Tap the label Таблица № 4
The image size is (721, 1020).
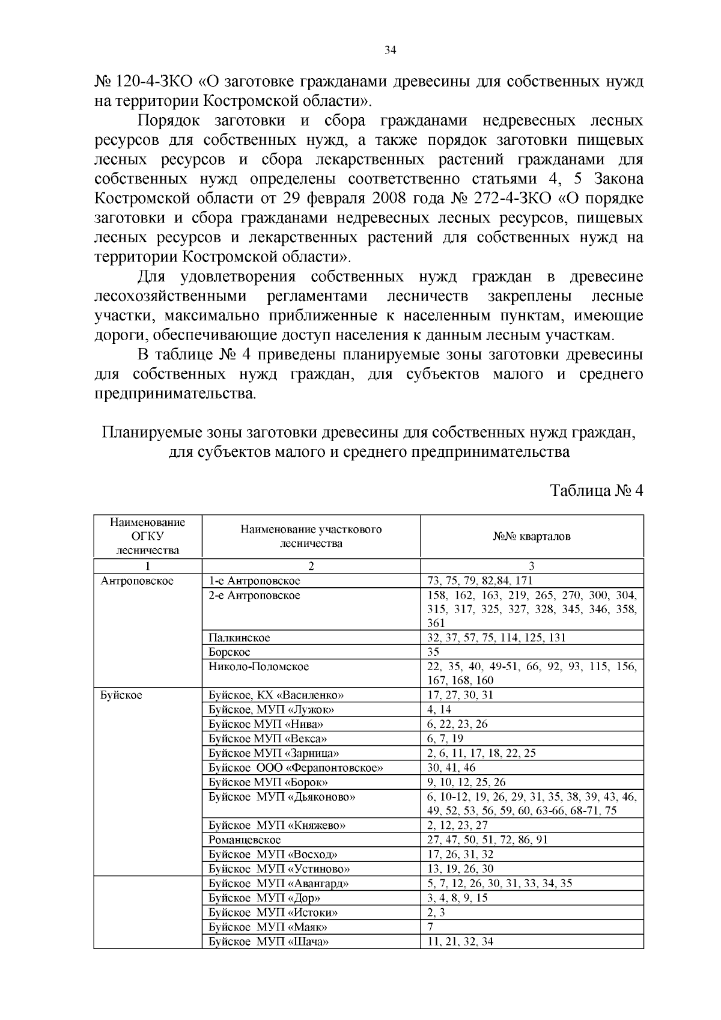597,490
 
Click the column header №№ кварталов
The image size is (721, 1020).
532,536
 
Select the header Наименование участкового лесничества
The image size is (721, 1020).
311,536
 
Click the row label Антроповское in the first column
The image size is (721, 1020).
137,581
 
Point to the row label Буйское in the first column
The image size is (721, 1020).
121,695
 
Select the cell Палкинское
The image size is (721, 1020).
239,638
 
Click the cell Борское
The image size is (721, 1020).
230,652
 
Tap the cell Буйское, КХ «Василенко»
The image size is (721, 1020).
276,695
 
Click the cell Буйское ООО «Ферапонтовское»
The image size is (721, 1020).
296,768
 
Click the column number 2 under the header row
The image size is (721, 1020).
311,566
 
